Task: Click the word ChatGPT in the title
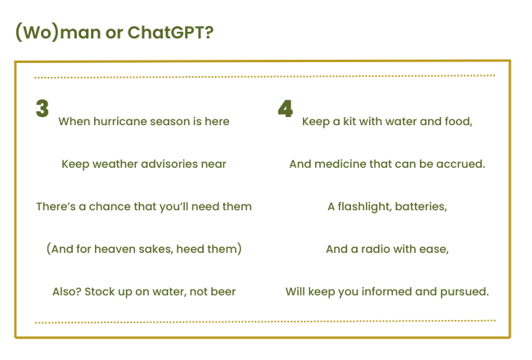170,33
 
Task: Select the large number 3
43,109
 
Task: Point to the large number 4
286,109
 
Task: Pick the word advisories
169,164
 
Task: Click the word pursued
465,292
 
